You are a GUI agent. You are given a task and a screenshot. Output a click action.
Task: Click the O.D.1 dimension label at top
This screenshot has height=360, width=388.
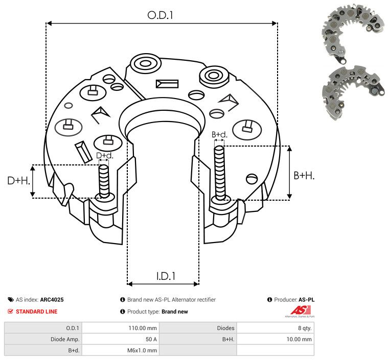(160, 15)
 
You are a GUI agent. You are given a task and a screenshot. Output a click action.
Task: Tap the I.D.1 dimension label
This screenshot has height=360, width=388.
(166, 276)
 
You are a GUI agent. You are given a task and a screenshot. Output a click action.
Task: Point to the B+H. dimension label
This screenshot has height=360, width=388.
(304, 176)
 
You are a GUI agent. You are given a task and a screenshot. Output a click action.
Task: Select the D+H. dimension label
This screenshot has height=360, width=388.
(18, 181)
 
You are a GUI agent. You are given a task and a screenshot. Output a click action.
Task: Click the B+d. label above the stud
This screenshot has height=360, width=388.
(219, 134)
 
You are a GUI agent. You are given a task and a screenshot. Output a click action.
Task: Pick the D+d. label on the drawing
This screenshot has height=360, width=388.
(105, 156)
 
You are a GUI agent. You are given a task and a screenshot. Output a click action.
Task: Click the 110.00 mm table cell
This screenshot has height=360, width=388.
(143, 328)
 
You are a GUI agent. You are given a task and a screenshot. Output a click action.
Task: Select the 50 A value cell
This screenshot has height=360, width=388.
(151, 339)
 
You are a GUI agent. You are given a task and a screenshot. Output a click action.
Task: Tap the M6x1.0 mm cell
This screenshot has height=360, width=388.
(142, 350)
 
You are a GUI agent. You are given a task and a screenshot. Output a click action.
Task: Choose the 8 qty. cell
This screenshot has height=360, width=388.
(305, 328)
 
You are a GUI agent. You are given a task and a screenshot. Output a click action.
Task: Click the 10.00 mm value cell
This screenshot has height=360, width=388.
(299, 339)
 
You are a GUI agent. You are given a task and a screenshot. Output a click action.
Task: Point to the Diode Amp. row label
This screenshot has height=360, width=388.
(65, 339)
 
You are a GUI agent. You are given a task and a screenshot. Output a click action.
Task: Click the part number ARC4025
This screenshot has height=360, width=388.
(52, 300)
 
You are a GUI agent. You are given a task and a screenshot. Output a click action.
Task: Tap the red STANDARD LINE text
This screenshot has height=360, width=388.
(37, 311)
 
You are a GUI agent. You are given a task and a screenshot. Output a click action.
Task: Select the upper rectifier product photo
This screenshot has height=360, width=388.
(353, 32)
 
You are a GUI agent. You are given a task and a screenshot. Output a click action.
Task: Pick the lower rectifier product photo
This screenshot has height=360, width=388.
(353, 93)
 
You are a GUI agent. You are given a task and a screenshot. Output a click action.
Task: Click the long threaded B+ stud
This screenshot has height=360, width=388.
(219, 173)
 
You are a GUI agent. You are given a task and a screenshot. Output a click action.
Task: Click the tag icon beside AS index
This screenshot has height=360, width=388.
(11, 300)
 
